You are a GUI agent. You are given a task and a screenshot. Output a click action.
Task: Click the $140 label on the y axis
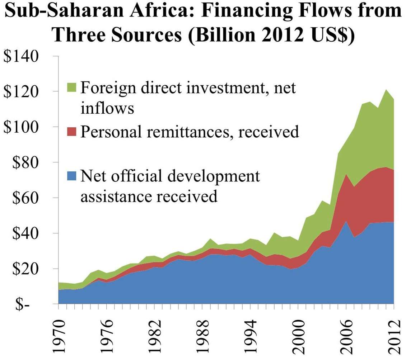21,56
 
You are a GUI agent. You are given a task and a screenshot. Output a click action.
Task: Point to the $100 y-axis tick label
21,127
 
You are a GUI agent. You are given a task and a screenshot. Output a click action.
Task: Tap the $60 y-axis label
25,198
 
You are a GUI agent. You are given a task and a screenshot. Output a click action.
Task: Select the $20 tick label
25,269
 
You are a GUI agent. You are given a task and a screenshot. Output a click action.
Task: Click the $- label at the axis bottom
22,305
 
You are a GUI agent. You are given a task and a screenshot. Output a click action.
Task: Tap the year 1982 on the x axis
155,336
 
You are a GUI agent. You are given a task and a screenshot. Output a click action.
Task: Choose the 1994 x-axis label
250,336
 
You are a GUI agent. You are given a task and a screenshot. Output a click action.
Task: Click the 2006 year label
346,336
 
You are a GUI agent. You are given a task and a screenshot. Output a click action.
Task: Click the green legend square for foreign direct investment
71,87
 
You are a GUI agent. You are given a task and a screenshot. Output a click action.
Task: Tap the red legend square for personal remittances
71,131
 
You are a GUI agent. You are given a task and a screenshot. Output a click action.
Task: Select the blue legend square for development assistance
71,176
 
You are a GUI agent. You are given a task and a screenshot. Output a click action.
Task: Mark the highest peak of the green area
386,90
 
